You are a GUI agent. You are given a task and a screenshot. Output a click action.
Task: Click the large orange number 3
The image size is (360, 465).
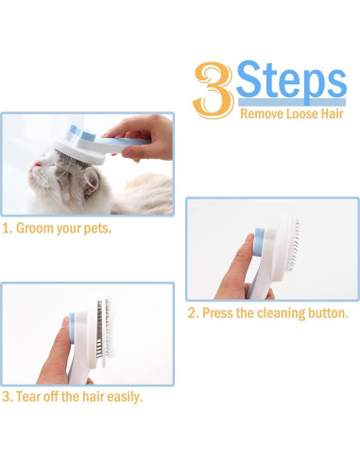214,90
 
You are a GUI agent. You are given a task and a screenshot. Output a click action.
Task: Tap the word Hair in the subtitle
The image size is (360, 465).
332,113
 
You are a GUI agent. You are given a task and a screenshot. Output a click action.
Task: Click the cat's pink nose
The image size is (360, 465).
38,164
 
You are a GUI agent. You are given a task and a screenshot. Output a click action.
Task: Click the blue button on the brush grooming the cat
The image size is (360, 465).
82,133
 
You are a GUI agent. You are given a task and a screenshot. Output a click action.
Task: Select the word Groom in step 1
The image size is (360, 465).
35,228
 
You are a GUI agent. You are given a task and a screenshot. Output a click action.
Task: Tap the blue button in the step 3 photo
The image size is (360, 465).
72,328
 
